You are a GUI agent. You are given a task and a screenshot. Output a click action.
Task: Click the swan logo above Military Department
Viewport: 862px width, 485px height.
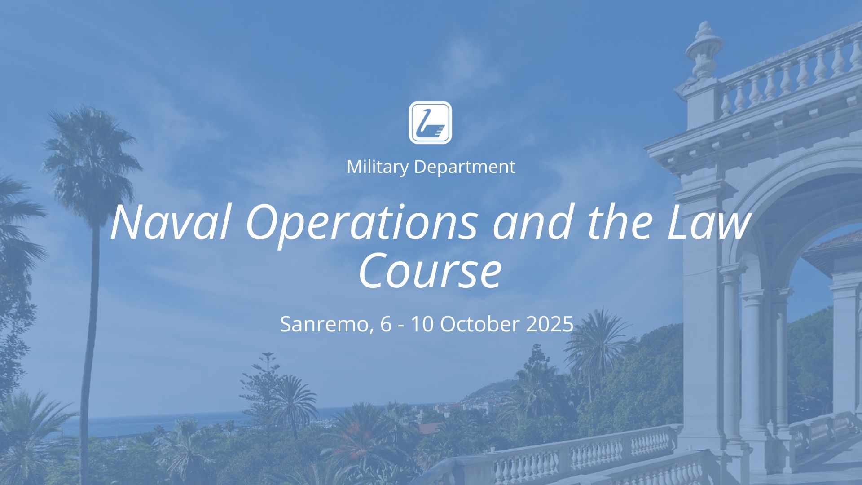[x=430, y=123]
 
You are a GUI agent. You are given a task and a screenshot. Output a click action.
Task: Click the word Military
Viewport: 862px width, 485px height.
[x=378, y=167]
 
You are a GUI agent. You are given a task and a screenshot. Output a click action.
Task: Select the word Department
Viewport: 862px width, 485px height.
[x=464, y=168]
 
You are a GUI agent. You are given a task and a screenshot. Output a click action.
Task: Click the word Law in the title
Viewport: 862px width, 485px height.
[x=709, y=222]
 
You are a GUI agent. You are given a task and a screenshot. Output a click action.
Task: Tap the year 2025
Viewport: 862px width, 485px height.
[x=550, y=324]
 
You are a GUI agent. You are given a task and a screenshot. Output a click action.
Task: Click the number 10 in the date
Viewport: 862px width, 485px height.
[x=422, y=324]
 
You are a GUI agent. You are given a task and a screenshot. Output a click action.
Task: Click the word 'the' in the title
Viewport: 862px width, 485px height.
[x=620, y=222]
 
